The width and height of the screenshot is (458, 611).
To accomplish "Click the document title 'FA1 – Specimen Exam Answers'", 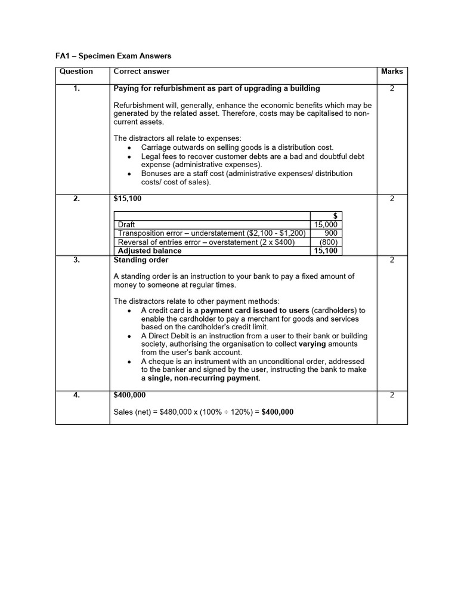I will coord(113,56).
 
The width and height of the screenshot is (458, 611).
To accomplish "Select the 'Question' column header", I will coord(76,72).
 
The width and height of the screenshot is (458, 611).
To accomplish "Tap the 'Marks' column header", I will coord(392,72).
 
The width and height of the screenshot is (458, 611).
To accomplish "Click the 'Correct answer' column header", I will coord(138,72).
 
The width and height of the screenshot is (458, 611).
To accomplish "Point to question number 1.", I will coord(76,88).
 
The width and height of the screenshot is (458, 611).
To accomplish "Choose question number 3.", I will coord(76,260).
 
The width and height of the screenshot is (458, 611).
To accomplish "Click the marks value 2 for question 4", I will coord(392,395).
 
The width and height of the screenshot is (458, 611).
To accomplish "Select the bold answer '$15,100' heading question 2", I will coord(128,199).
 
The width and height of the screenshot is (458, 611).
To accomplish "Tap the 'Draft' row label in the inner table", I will coord(127,224).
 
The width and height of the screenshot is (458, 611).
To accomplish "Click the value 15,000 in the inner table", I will coord(326,224).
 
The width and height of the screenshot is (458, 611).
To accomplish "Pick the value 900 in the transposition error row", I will coord(331,233).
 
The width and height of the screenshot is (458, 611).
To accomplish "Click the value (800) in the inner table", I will coord(328,242).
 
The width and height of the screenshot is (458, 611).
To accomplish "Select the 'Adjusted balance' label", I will coord(150,251).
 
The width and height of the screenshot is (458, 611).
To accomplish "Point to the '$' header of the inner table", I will coord(335,216).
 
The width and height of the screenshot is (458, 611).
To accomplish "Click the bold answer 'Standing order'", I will coord(141,260).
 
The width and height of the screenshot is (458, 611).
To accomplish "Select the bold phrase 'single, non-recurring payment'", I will coord(204,378).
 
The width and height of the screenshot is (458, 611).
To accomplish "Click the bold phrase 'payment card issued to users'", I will coord(255,311).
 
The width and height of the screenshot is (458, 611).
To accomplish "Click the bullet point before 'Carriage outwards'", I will coord(129,147).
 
